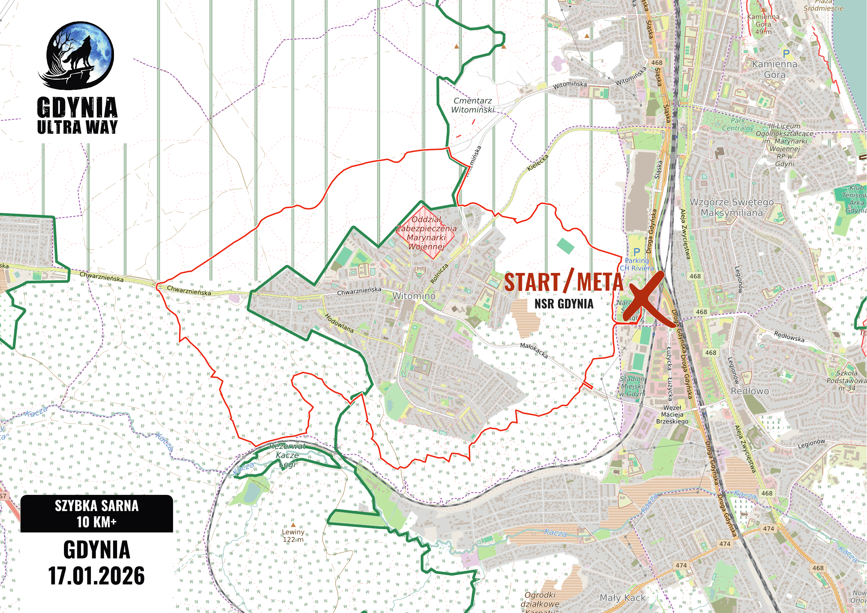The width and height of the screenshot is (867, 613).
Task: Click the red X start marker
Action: click(x=643, y=298)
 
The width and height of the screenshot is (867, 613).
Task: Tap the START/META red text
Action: click(x=563, y=282)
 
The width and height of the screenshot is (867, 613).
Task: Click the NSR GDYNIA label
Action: click(x=563, y=304)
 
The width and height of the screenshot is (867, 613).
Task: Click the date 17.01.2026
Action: click(x=97, y=576)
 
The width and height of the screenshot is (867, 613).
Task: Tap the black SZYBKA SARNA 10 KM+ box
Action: click(x=97, y=514)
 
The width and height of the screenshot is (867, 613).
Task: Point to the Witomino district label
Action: click(x=414, y=296)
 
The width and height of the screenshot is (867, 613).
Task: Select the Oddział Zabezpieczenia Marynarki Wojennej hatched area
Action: click(x=426, y=233)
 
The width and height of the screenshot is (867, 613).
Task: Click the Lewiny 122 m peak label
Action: click(x=293, y=535)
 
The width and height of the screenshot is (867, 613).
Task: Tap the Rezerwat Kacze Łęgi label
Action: click(x=287, y=455)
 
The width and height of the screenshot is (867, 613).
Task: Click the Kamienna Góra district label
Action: click(x=774, y=69)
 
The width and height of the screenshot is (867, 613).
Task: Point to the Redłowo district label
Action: click(x=750, y=391)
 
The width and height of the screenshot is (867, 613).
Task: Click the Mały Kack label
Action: click(x=623, y=598)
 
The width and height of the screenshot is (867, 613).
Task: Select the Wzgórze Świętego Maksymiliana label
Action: click(x=731, y=207)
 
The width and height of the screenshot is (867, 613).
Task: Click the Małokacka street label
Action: click(x=534, y=350)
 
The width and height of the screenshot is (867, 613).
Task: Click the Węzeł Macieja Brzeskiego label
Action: click(x=672, y=414)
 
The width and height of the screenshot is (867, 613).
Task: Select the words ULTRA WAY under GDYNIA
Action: click(x=78, y=127)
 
